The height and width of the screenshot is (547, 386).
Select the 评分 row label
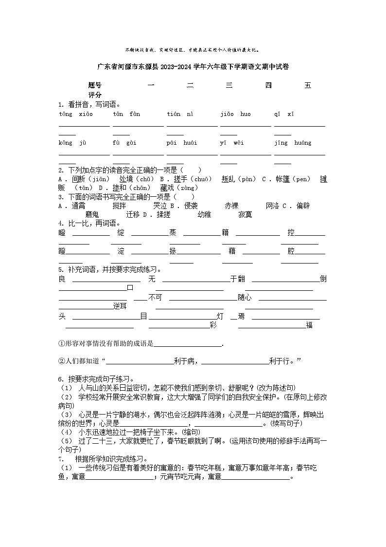click(95, 94)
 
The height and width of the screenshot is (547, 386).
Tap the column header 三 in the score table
click(229, 86)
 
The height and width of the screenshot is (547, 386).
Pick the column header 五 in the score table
click(308, 86)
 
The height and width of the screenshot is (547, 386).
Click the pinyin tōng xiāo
click(72, 114)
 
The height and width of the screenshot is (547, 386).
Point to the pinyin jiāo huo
click(235, 114)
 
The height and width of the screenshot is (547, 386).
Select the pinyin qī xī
click(284, 114)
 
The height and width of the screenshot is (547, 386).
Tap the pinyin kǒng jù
click(72, 143)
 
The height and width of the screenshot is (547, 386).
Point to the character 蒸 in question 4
click(173, 233)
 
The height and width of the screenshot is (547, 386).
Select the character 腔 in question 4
click(291, 251)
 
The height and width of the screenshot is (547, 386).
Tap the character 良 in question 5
click(62, 279)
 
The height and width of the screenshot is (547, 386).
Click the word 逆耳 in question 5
click(120, 306)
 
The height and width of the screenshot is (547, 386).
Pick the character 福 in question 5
click(309, 325)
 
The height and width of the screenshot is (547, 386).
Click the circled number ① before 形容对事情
click(61, 344)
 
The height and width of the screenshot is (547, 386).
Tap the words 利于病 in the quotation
click(185, 361)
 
